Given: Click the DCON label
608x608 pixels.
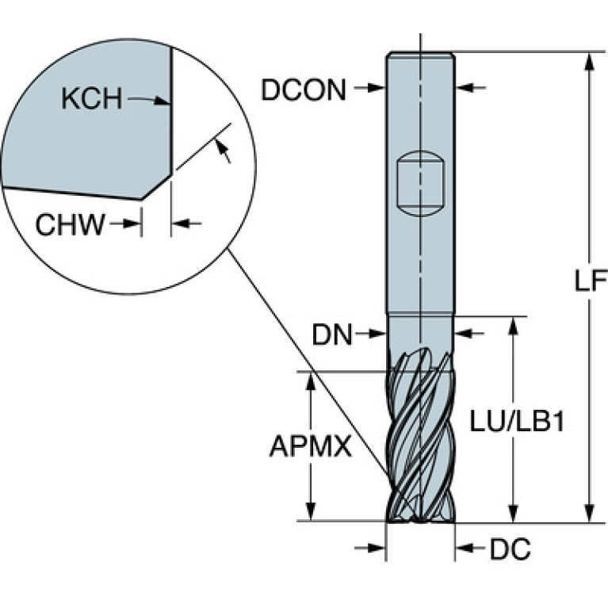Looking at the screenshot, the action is click(304, 90).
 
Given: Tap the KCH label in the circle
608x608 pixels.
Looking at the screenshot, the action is click(91, 98).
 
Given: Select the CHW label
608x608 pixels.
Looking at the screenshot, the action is click(71, 224).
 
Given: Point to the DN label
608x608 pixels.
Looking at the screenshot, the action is click(332, 335).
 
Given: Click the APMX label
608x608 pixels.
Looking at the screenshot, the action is click(311, 446).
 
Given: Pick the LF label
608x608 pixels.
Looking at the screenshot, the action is click(591, 281).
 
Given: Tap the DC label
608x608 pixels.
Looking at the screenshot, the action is click(510, 549).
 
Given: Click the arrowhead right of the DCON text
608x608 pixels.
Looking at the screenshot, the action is click(376, 89).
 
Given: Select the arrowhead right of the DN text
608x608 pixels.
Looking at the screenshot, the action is click(377, 333).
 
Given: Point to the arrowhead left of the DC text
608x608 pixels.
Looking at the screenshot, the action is click(465, 548).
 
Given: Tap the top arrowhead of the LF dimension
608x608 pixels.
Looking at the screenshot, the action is click(590, 61).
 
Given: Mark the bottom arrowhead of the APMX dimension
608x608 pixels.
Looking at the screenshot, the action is click(311, 512).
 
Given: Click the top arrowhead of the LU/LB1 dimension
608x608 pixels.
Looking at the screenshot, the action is click(513, 327).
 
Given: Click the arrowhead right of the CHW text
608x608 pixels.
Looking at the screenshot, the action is click(132, 224).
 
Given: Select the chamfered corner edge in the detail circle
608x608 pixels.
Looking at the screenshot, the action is click(157, 187).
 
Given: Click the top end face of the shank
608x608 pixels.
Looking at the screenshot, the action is click(421, 53).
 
